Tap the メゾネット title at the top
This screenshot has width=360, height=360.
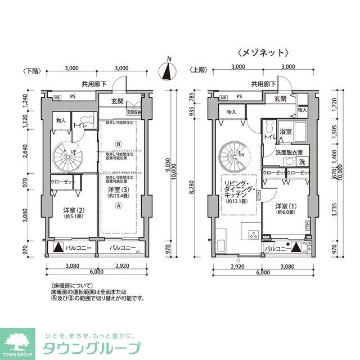tap(263, 52)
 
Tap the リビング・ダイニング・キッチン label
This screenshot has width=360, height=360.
tap(238, 190)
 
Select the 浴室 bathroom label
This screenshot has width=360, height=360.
tap(286, 132)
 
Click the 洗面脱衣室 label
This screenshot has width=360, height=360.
tap(289, 152)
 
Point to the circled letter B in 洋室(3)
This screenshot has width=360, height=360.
tap(119, 143)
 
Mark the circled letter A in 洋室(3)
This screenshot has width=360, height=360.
tap(119, 206)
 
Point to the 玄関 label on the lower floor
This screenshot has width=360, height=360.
tap(117, 102)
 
